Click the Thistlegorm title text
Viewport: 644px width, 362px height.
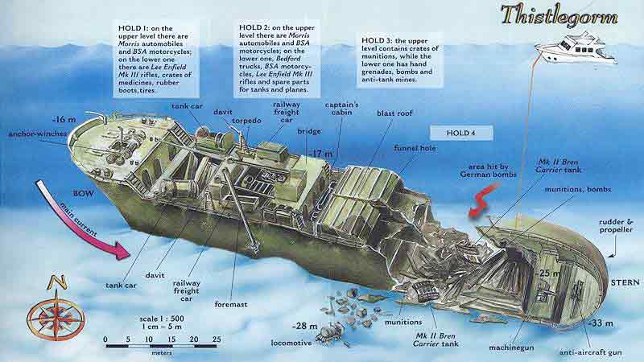(x=559, y=16)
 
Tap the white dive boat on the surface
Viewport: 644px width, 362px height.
(x=575, y=49)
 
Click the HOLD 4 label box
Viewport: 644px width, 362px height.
(x=461, y=133)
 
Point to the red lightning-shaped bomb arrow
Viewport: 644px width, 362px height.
(x=483, y=200)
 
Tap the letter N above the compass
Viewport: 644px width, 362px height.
(x=57, y=282)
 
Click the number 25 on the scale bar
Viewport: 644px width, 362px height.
(x=217, y=339)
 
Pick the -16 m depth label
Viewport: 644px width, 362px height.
(x=64, y=120)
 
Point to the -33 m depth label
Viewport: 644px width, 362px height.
(x=601, y=323)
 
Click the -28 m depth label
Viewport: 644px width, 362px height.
(x=304, y=327)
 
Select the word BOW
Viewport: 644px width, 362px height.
(x=84, y=193)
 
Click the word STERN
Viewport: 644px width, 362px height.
(x=625, y=283)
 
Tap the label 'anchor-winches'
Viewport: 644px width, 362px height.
(x=37, y=134)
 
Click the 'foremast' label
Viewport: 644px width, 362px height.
(x=231, y=304)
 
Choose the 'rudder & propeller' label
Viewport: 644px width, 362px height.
(x=616, y=226)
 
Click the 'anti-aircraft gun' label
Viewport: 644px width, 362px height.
(x=591, y=352)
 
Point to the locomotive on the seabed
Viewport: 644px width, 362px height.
(x=330, y=332)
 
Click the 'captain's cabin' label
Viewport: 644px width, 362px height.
(x=341, y=109)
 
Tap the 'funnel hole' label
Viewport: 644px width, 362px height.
(x=415, y=148)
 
